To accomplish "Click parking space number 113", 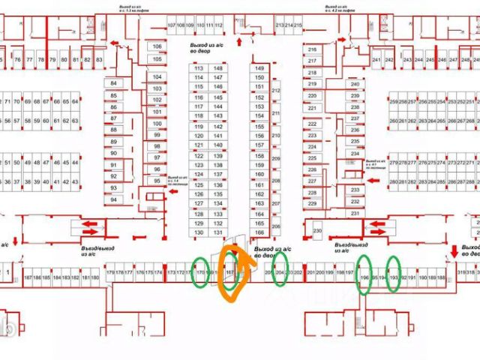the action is [x=199, y=68].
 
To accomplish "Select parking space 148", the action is [x=217, y=68].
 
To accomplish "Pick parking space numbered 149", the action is [x=259, y=68].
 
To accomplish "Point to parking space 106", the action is [x=157, y=46].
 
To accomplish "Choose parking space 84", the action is [x=114, y=82].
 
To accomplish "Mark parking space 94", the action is [x=114, y=199].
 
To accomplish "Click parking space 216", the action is [x=312, y=50].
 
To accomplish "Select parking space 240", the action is [x=355, y=85].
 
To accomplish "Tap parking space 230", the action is [x=317, y=230].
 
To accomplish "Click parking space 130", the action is [x=199, y=232].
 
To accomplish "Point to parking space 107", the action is [x=172, y=25].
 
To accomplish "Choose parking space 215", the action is [x=298, y=25].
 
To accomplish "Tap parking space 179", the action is [x=110, y=272].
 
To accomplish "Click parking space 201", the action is [x=310, y=272].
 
